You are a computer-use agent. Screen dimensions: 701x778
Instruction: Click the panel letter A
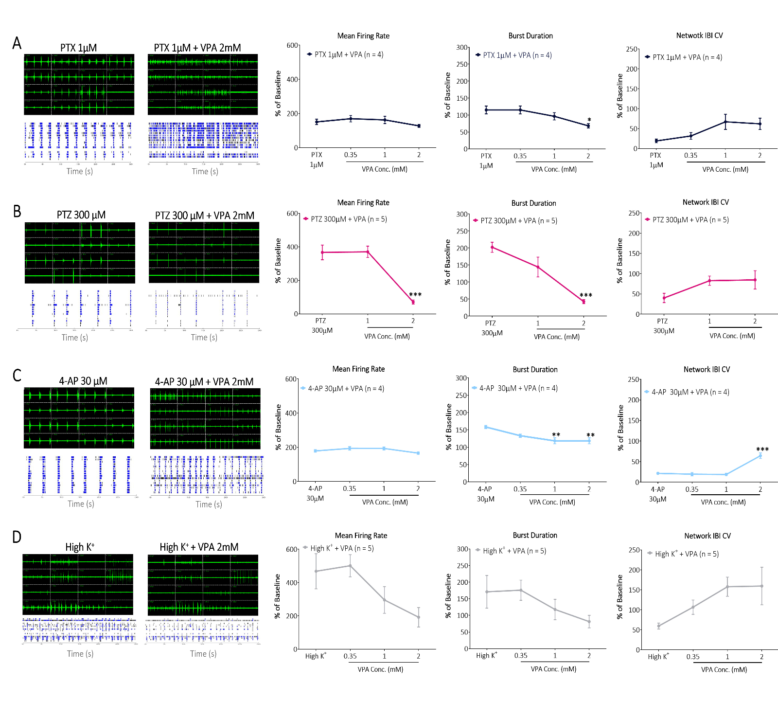coord(17,43)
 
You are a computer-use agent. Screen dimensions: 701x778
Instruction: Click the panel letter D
coord(17,537)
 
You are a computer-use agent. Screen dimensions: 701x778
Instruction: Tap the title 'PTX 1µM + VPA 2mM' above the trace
coord(197,48)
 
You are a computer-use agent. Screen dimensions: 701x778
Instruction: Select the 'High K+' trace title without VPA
coord(80,547)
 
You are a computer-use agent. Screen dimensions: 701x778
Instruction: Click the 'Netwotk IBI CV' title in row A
coord(699,36)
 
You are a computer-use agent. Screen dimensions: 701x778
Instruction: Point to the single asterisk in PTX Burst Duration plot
coord(589,120)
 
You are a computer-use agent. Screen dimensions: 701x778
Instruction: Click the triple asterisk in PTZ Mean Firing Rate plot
coord(415,295)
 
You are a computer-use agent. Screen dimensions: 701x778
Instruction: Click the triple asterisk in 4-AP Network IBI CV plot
coord(762,449)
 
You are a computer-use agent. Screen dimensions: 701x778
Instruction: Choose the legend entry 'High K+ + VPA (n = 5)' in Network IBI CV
coord(686,554)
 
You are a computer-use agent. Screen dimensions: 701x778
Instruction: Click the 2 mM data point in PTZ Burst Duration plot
coord(583,302)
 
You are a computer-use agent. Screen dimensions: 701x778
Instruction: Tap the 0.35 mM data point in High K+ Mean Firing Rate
coord(350,566)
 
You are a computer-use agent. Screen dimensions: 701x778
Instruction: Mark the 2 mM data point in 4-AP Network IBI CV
coord(760,456)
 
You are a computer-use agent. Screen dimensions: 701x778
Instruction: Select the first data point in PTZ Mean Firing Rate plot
coord(322,252)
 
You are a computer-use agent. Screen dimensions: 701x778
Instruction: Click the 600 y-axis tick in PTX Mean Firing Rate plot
coord(292,45)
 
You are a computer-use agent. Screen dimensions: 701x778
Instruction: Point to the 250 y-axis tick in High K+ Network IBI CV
coord(634,550)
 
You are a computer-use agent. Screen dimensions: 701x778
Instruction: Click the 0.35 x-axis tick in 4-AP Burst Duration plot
coord(520,489)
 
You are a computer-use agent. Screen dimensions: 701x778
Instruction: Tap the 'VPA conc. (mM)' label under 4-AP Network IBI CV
coord(723,503)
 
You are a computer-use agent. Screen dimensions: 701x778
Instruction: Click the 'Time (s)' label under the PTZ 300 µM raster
coord(75,338)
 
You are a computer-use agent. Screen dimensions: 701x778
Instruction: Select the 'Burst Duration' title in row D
coord(535,535)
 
